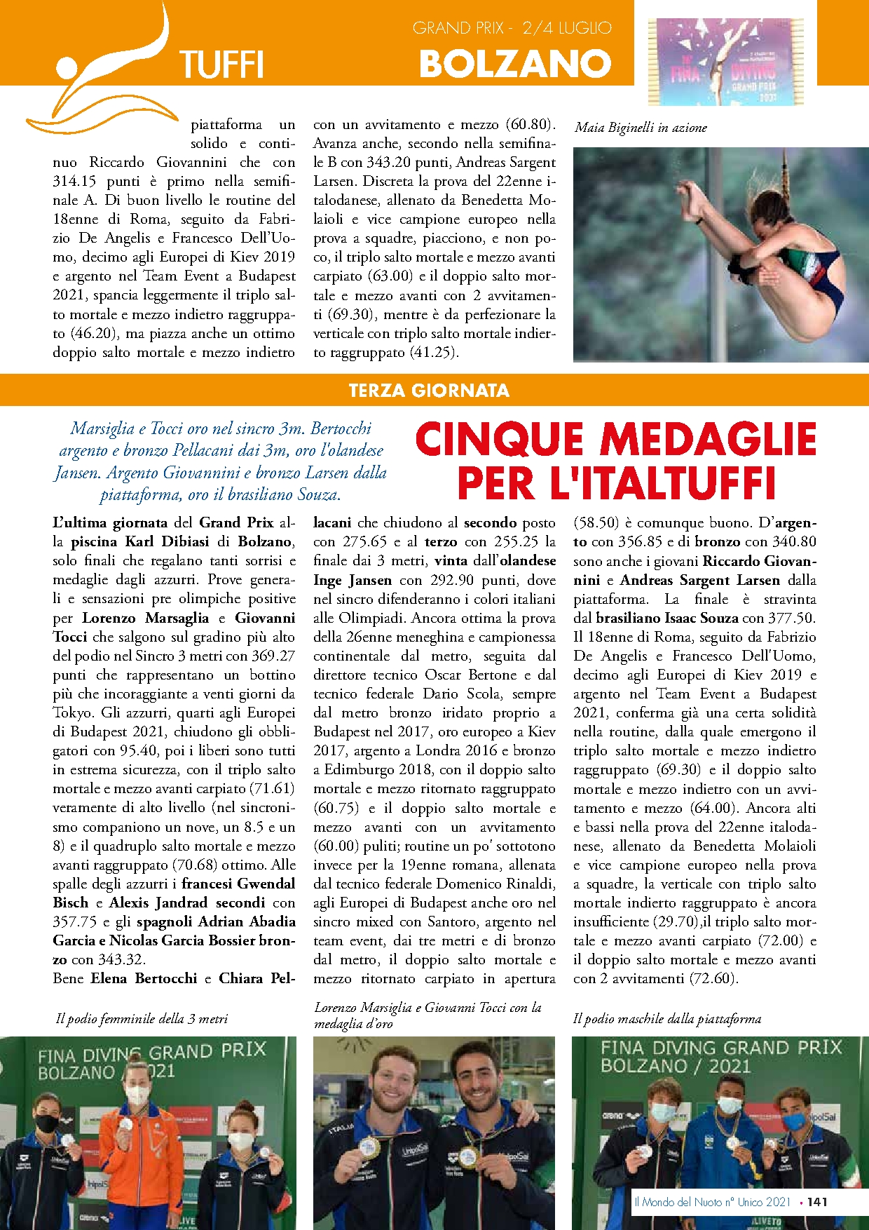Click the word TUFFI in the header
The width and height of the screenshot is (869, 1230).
click(x=221, y=65)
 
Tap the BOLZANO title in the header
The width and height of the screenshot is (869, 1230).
click(x=515, y=64)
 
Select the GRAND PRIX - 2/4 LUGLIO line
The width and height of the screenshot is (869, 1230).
click(x=512, y=28)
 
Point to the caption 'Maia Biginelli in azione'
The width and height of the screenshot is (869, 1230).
click(x=641, y=128)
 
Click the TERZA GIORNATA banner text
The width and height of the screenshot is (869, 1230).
click(x=429, y=391)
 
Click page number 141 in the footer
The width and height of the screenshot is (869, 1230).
click(x=817, y=1201)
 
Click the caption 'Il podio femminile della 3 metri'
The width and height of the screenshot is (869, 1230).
click(x=142, y=1018)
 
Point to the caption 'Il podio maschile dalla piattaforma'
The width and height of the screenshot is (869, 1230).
click(x=666, y=1018)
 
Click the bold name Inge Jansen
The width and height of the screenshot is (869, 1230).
click(x=353, y=580)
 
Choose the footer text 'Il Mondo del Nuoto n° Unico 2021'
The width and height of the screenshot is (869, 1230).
click(x=712, y=1201)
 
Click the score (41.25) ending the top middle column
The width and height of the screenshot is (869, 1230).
click(x=434, y=353)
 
